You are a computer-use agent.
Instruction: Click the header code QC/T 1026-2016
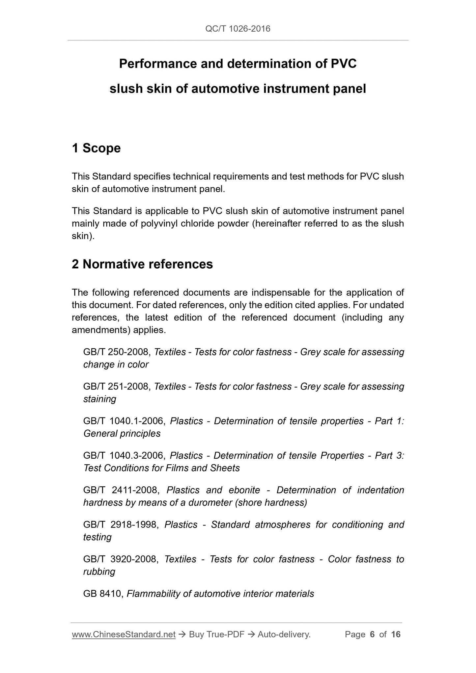[x=238, y=29]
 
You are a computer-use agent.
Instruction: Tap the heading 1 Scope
[x=96, y=148]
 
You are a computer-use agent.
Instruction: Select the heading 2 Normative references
[x=142, y=264]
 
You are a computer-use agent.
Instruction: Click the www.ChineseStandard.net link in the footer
[x=124, y=634]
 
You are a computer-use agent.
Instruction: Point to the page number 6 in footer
[x=372, y=634]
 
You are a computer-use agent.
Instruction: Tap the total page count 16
[x=396, y=634]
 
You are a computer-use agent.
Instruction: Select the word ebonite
[x=244, y=490]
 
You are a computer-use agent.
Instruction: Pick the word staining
[x=99, y=399]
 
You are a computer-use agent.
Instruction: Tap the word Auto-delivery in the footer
[x=284, y=634]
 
